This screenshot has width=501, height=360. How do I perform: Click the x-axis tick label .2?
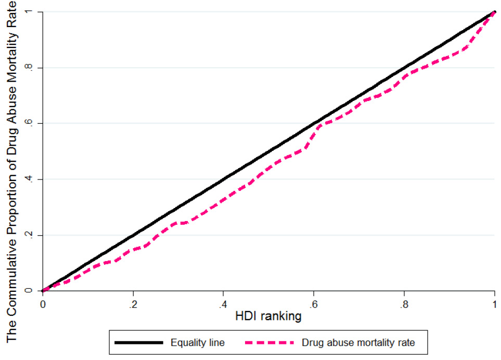pyautogui.click(x=133, y=304)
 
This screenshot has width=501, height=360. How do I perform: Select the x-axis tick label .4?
pyautogui.click(x=223, y=304)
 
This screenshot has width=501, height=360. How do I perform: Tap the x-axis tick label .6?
pyautogui.click(x=313, y=304)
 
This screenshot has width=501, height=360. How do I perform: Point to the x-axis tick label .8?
pyautogui.click(x=404, y=304)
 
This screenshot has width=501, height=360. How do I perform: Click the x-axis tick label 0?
pyautogui.click(x=43, y=304)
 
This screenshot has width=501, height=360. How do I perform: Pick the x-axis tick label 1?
pyautogui.click(x=495, y=304)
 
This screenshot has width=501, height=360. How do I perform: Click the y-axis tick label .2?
pyautogui.click(x=29, y=235)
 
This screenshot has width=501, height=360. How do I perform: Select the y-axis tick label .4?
pyautogui.click(x=29, y=179)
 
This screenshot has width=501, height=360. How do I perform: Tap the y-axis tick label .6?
pyautogui.click(x=29, y=123)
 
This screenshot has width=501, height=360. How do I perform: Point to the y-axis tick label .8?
pyautogui.click(x=29, y=68)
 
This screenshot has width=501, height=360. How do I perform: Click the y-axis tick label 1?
pyautogui.click(x=29, y=12)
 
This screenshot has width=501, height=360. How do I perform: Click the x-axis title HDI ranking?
pyautogui.click(x=268, y=316)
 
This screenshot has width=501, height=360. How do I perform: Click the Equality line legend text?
pyautogui.click(x=198, y=343)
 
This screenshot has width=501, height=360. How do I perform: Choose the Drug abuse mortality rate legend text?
pyautogui.click(x=358, y=343)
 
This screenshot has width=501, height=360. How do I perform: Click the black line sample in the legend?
pyautogui.click(x=139, y=343)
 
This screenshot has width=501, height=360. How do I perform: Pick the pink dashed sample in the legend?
pyautogui.click(x=269, y=343)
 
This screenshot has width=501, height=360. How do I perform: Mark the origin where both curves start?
pyautogui.click(x=43, y=291)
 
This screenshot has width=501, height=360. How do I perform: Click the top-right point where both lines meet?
pyautogui.click(x=495, y=12)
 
